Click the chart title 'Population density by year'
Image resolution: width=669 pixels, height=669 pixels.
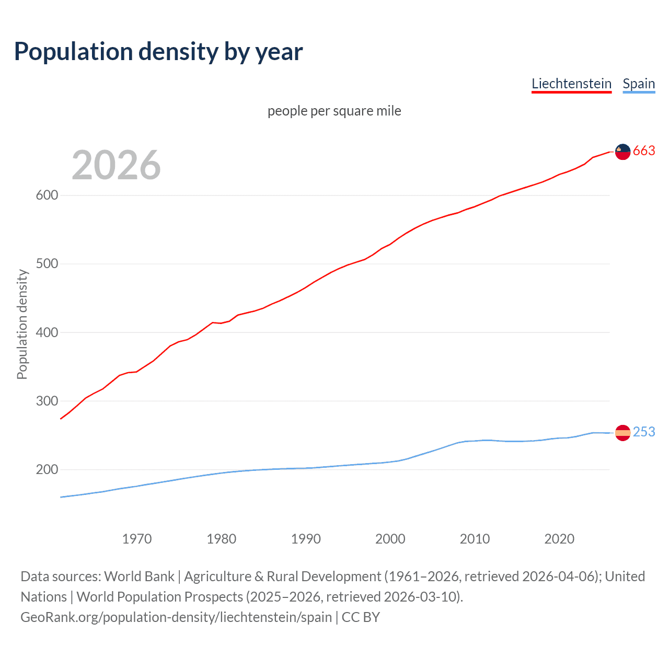[158, 52]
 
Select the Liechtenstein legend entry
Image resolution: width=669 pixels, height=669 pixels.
[571, 84]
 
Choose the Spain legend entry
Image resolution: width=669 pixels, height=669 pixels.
[639, 84]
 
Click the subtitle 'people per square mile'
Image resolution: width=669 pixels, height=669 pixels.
[334, 111]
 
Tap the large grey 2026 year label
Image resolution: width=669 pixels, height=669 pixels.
[116, 165]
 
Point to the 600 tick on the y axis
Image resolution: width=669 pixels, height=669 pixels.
[47, 195]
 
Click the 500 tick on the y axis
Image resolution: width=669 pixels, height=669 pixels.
[47, 264]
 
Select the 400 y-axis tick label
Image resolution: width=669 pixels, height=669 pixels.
[47, 332]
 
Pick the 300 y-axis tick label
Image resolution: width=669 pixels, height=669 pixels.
[47, 401]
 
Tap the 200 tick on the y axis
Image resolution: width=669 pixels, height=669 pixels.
[47, 470]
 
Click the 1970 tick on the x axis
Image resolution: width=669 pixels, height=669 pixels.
[137, 539]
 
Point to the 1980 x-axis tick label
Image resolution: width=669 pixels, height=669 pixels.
[221, 539]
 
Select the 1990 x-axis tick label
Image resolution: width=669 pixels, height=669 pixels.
[306, 539]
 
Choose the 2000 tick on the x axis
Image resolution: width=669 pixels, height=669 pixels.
[390, 539]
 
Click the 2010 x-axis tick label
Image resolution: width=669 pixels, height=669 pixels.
[475, 539]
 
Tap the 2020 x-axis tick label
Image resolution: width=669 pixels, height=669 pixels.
[559, 539]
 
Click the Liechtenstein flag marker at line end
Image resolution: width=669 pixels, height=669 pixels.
[622, 152]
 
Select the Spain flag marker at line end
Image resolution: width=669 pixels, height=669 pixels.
[622, 433]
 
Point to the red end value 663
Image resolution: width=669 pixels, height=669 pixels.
[644, 151]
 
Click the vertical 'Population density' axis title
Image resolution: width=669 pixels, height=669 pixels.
[22, 324]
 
